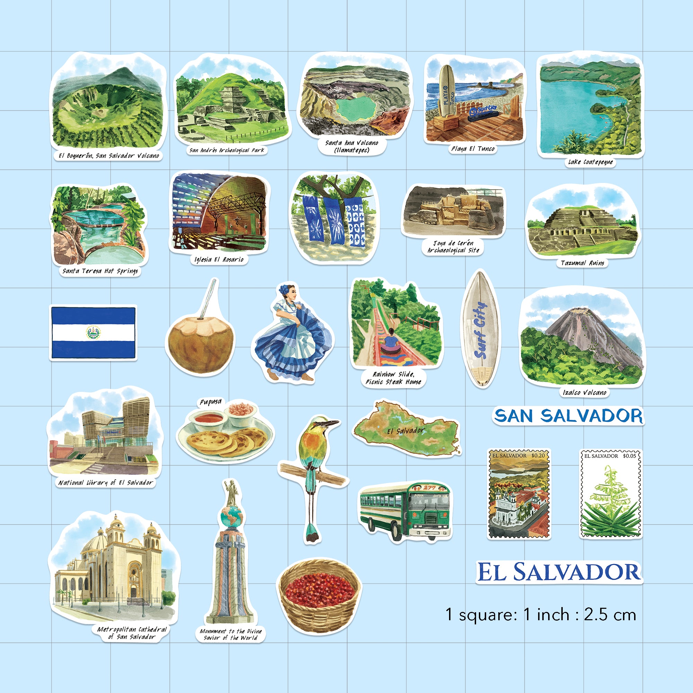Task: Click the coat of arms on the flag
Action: pos(93,333)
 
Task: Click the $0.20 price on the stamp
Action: pos(538,456)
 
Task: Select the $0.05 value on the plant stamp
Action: pos(629,456)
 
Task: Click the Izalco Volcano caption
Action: pos(584,393)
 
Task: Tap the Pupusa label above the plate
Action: pos(211,402)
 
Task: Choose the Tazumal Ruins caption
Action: pos(582,263)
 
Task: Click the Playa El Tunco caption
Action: pos(473,149)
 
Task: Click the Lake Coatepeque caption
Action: pos(590,162)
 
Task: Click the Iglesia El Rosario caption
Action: pos(218,259)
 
